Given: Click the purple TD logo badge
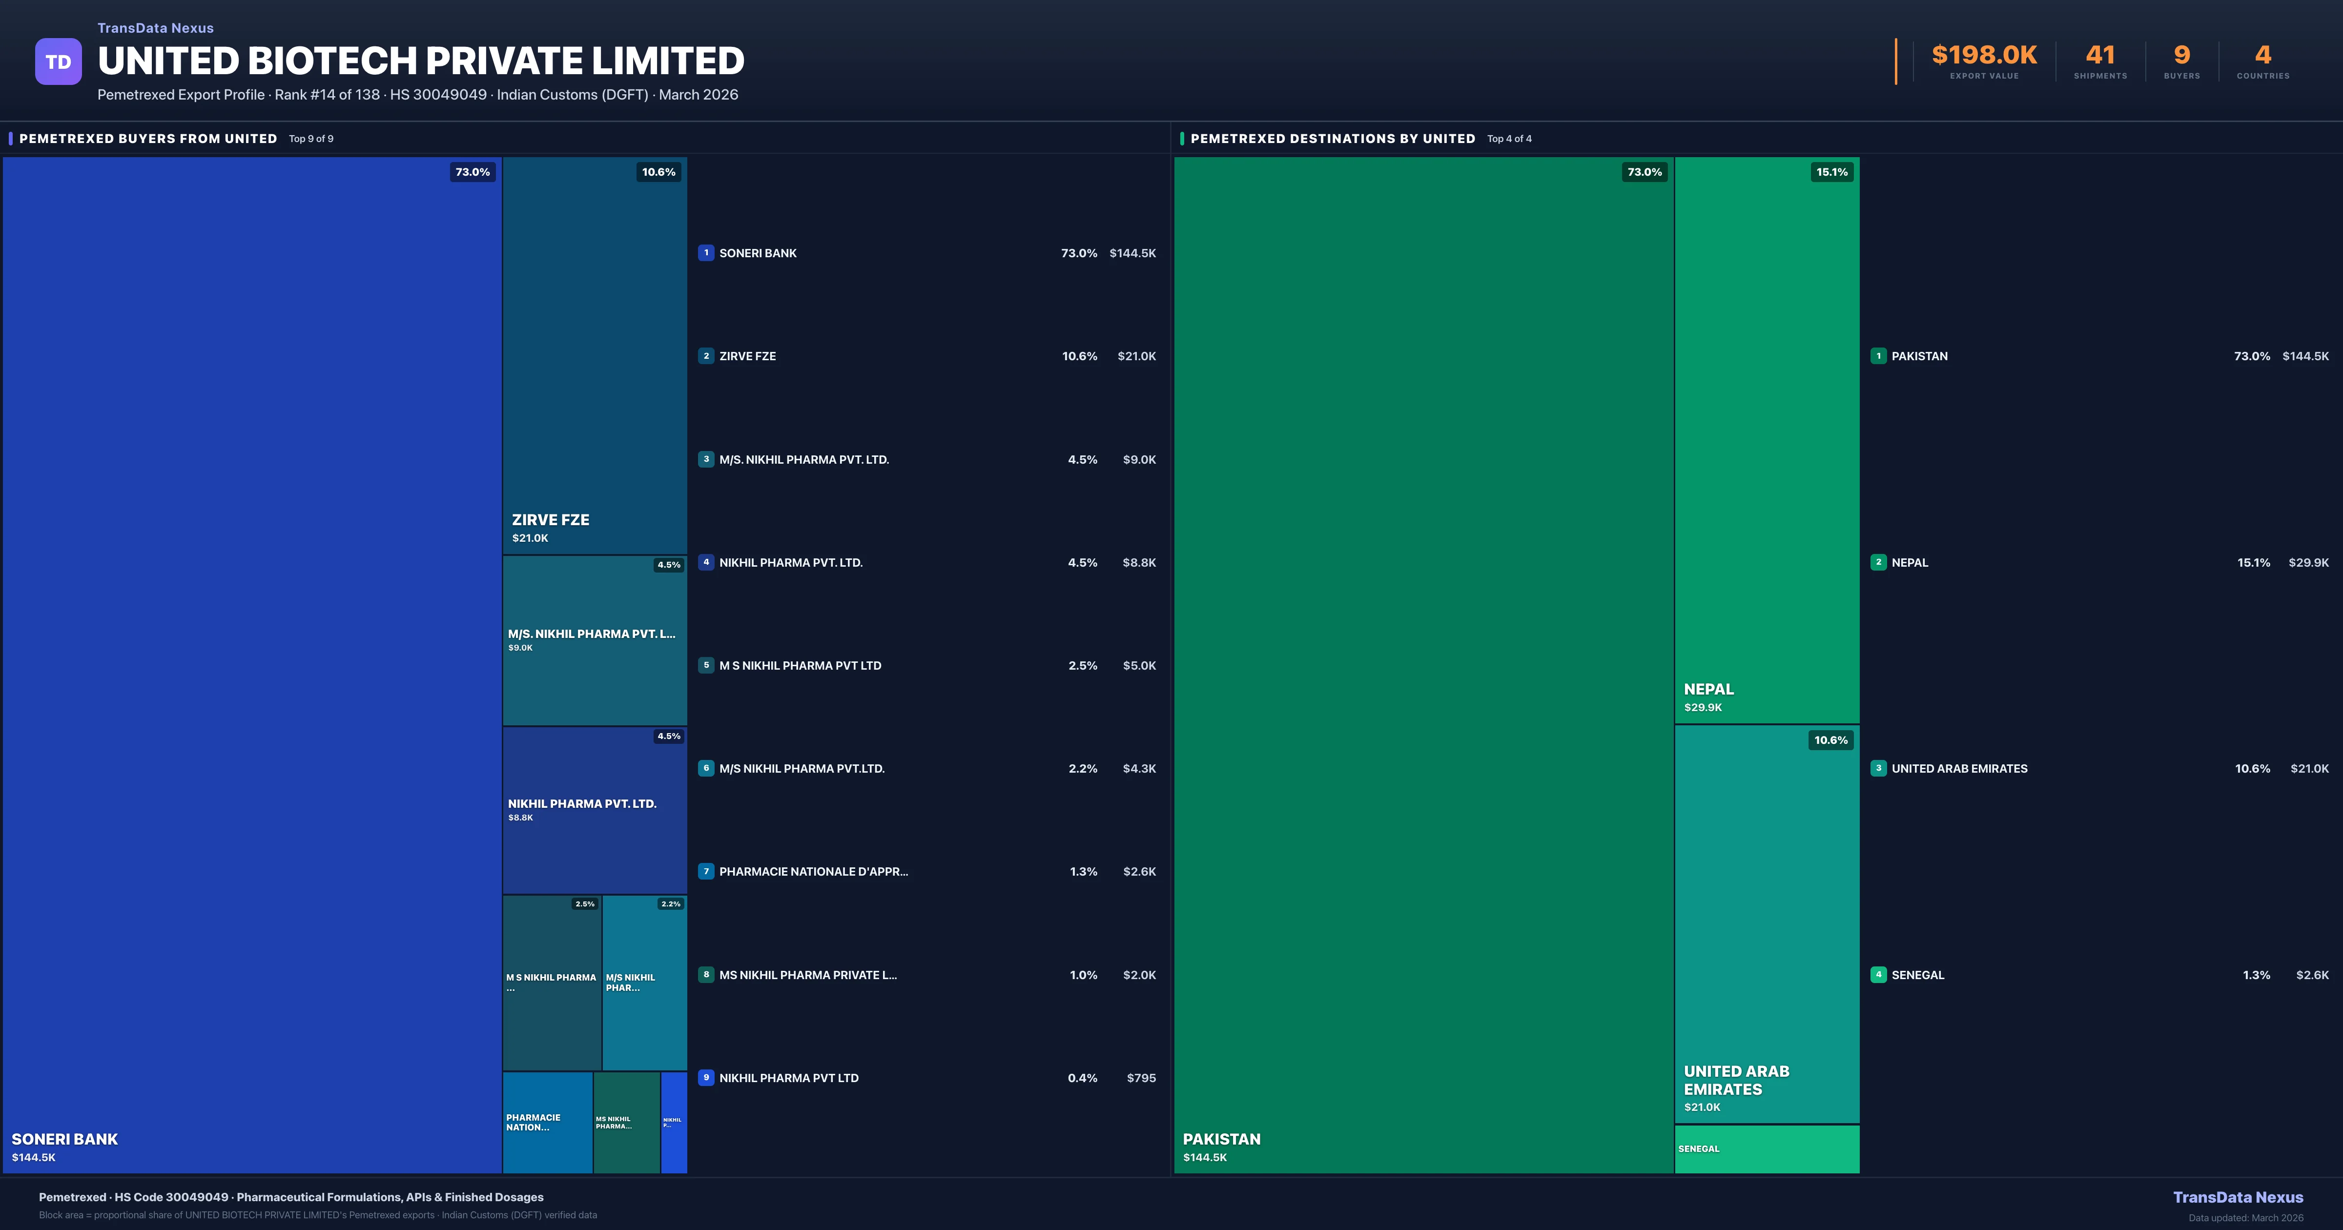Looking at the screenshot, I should coord(58,62).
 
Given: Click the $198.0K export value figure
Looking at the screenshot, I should coord(1984,56).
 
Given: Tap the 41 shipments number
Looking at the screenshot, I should coord(2100,56).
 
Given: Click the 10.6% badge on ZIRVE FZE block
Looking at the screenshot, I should coord(658,172).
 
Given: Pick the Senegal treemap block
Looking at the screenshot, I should coord(1767,1149).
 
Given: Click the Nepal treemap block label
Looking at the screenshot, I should coord(1708,690).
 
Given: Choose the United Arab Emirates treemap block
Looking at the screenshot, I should coord(1767,923).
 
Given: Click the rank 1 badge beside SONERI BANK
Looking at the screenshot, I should coord(706,253).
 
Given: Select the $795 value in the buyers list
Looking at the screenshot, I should coord(1141,1078).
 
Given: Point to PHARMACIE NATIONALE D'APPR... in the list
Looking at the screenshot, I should coord(813,872).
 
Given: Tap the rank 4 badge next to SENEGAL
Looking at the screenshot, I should coord(1878,974).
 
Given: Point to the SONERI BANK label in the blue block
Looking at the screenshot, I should coord(64,1139).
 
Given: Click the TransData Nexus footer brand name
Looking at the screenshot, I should coord(2238,1197).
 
